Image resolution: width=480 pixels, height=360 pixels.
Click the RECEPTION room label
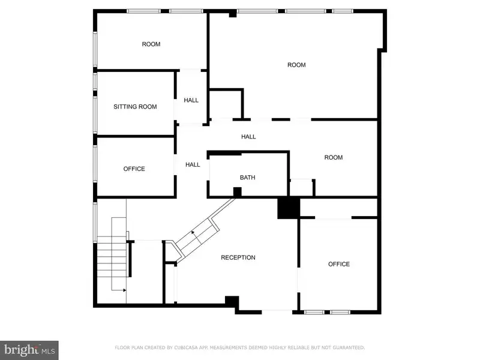[238, 257]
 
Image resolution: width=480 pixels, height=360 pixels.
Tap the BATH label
[247, 177]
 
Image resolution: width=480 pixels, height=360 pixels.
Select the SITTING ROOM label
[135, 107]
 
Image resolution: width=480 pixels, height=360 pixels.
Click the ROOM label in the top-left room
[151, 44]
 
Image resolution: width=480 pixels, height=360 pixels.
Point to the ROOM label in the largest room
[296, 65]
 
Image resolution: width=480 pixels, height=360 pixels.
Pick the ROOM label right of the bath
[334, 157]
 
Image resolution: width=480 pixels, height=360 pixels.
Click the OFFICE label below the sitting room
[134, 169]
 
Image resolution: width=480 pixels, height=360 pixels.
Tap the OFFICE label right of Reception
[339, 264]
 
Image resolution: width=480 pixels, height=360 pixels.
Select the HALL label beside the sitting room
[191, 100]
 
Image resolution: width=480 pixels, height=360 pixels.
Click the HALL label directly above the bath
[248, 137]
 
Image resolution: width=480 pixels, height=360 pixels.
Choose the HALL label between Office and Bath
[193, 164]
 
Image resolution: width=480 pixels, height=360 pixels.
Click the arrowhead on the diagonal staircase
[193, 232]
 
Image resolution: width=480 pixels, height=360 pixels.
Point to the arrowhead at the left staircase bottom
[124, 290]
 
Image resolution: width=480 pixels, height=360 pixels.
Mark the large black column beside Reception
[289, 208]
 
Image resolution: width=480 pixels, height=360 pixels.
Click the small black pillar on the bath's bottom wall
[237, 192]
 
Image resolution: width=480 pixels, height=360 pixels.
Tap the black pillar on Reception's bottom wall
[232, 301]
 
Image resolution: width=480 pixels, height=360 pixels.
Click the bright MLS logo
[29, 350]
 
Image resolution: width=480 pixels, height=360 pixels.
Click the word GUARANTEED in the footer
[349, 347]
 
